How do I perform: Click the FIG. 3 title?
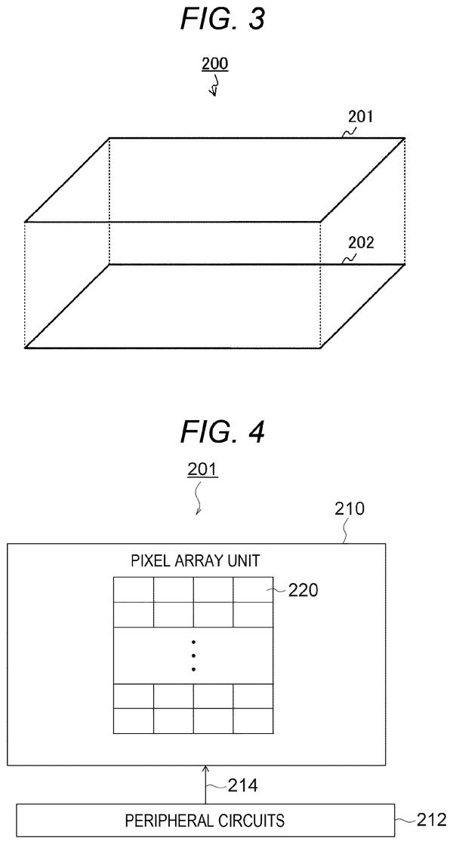pos(223,20)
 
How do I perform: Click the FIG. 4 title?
pos(223,431)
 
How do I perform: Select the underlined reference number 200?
pos(215,64)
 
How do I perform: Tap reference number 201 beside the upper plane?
pos(360,116)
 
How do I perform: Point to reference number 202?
pos(360,242)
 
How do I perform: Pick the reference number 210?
pos(350,508)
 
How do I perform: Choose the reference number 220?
pos(304,591)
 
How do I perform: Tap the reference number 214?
pos(242,786)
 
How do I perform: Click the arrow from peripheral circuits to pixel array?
pos(205,784)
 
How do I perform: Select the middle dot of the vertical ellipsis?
pos(193,655)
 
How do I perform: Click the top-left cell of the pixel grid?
pos(134,590)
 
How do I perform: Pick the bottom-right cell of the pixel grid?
pos(253,721)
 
